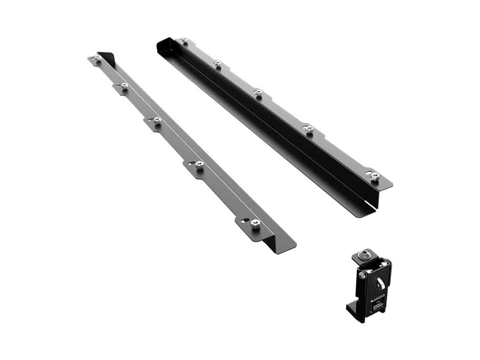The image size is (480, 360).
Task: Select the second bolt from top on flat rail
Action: point(124,86)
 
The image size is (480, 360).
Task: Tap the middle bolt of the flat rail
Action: point(157,120)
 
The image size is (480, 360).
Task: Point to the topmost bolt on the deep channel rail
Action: point(185,41)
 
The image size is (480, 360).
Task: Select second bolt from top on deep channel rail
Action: point(217,63)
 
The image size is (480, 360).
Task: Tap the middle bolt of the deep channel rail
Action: point(258,92)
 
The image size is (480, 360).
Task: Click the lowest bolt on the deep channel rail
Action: point(375,176)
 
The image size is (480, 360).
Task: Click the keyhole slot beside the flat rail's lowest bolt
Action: point(245,220)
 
